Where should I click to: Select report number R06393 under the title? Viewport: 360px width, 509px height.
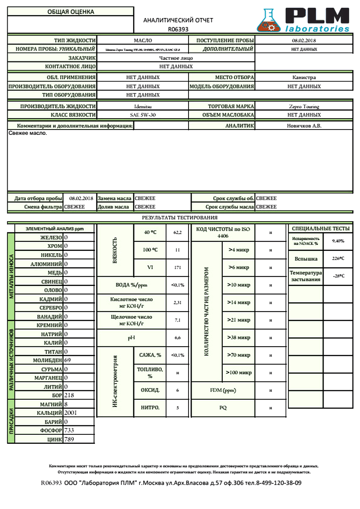178,29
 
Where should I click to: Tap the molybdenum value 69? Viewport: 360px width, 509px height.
68,360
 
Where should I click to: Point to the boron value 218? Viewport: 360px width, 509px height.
70,395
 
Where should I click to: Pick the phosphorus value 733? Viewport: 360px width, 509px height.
69,431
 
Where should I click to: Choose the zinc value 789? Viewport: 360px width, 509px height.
69,439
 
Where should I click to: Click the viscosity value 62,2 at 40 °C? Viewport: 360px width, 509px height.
177,232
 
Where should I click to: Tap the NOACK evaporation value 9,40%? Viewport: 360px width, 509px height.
338,241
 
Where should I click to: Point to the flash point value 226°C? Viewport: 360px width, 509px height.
338,259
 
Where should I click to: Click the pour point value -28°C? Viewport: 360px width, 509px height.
338,276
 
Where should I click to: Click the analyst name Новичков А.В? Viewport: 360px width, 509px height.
304,126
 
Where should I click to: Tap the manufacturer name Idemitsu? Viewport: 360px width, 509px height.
143,107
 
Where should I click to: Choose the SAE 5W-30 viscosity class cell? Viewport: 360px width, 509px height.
143,115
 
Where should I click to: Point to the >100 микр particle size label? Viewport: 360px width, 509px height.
239,373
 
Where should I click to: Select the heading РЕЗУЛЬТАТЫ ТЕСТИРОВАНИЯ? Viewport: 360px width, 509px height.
180,218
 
